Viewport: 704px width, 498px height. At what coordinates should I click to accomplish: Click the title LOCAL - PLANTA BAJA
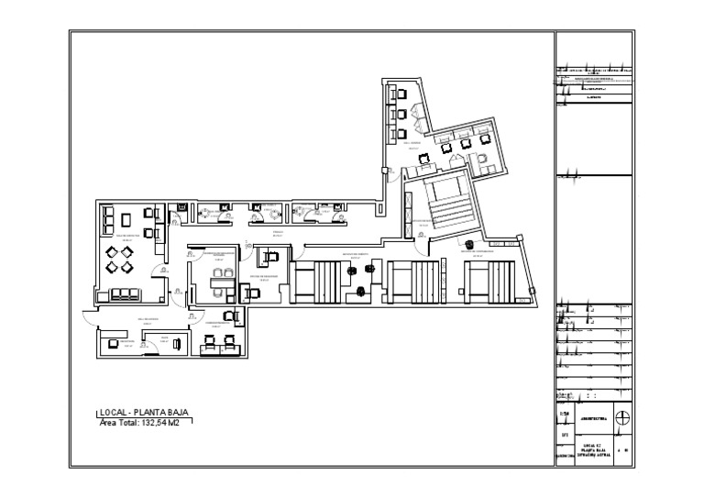pyautogui.click(x=144, y=413)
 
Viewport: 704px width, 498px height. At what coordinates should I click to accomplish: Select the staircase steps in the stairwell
pyautogui.click(x=448, y=210)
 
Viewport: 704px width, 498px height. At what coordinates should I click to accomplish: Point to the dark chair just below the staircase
pyautogui.click(x=468, y=245)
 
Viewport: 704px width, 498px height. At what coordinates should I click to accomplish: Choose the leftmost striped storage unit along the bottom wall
pyautogui.click(x=316, y=281)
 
